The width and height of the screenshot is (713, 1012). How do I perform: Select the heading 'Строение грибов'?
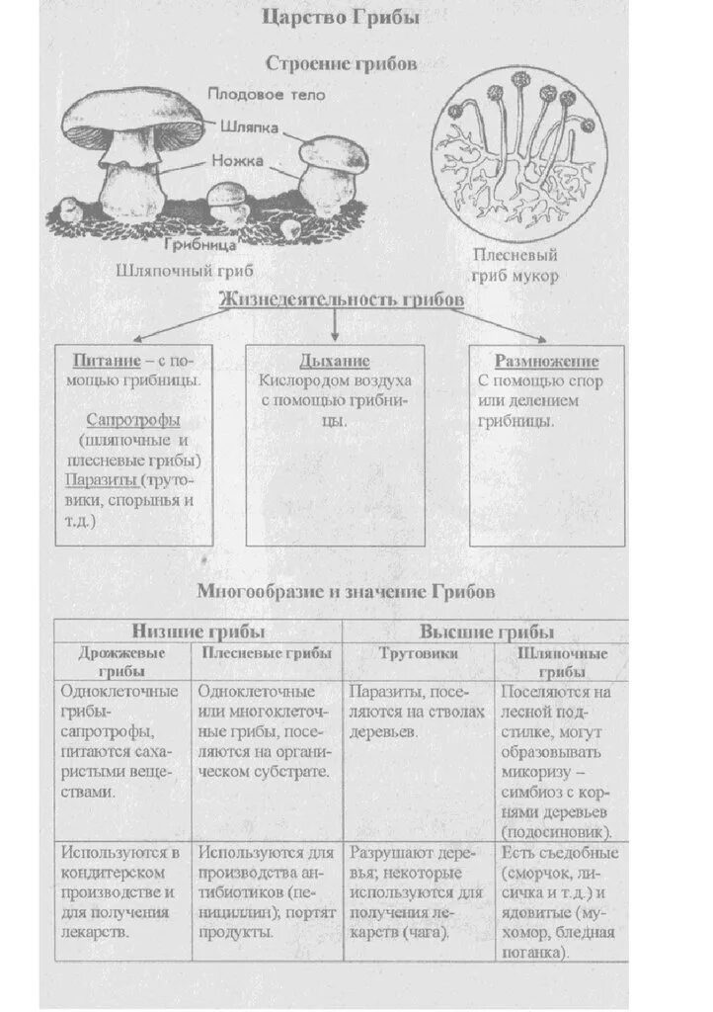point(341,62)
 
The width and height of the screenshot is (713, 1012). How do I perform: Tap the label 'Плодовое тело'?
point(266,95)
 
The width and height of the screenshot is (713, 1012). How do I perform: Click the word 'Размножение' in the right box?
point(546,361)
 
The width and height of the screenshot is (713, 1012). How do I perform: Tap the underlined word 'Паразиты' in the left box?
point(101,480)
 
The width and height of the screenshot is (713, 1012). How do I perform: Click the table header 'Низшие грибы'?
point(198,632)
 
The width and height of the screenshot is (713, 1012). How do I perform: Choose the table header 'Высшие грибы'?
point(486,632)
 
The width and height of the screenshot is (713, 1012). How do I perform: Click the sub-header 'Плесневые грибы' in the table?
point(267,653)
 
